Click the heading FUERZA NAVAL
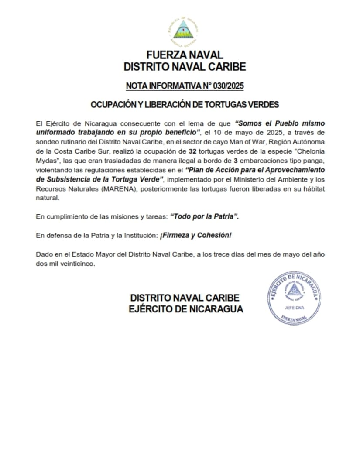185,55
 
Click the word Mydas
46,161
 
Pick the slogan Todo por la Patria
204,216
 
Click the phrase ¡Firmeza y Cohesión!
196,235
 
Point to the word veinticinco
78,264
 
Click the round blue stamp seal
294,298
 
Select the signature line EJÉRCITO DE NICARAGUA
186,309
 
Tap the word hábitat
313,189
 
